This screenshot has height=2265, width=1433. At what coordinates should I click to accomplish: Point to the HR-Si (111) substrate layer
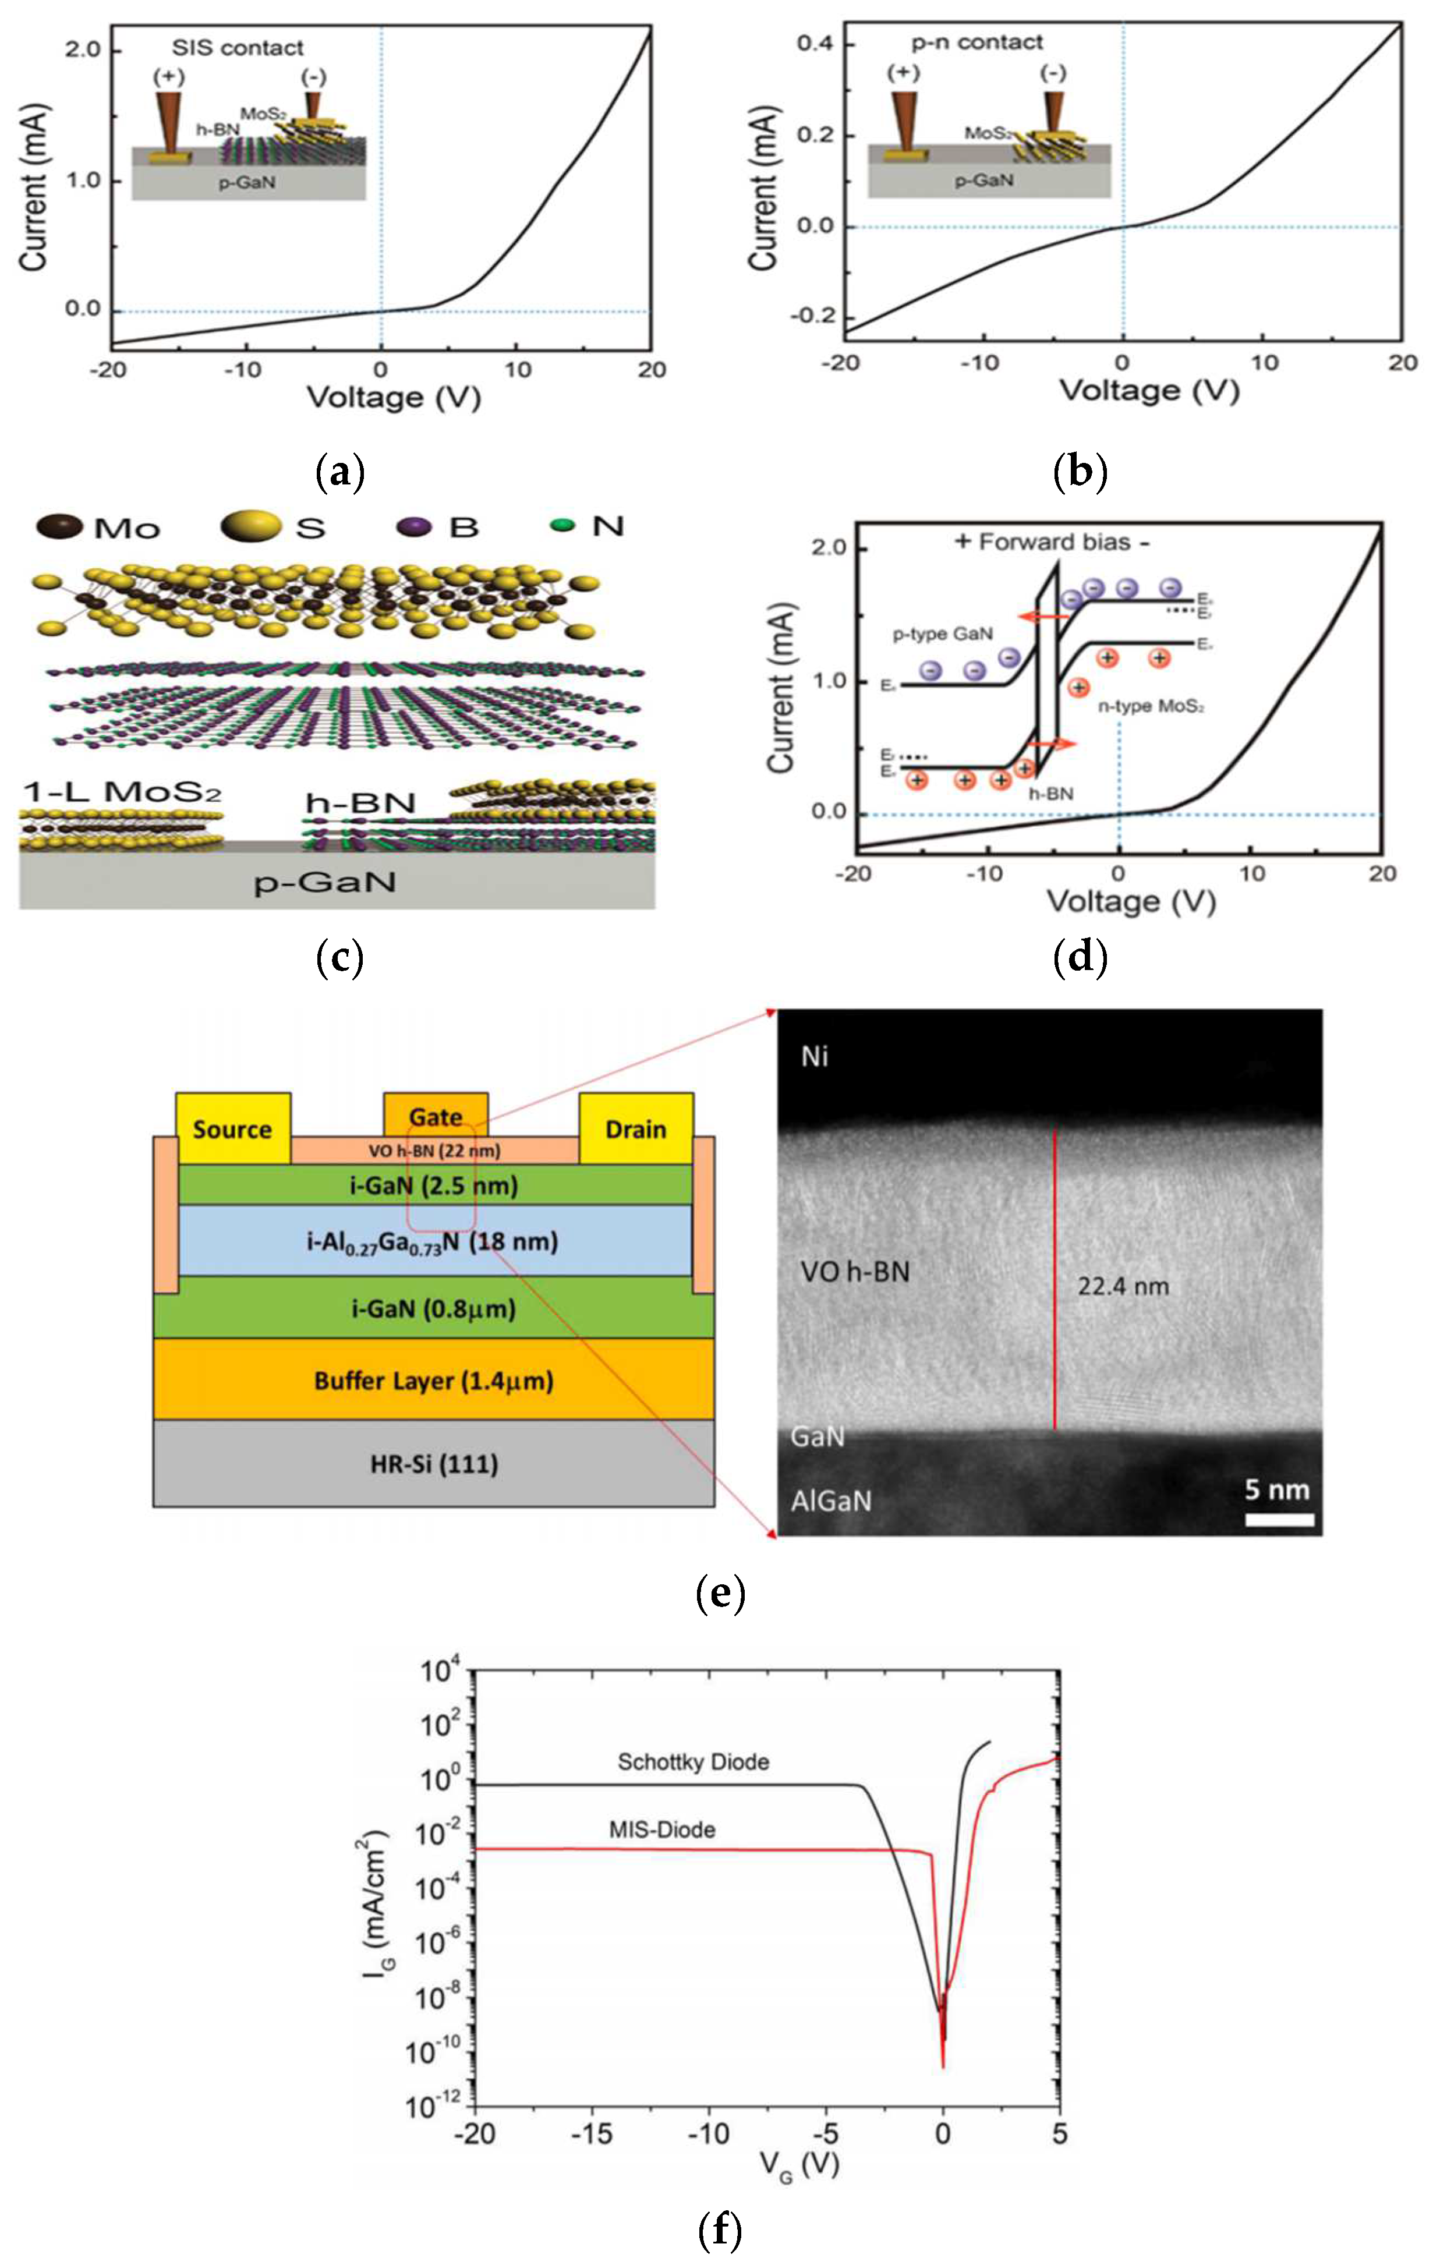pyautogui.click(x=434, y=1463)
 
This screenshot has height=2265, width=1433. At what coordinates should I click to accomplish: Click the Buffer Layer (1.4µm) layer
pyautogui.click(x=434, y=1380)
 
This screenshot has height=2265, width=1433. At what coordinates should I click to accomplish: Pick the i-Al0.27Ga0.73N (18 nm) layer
pyautogui.click(x=434, y=1241)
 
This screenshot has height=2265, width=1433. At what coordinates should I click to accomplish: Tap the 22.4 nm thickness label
pyautogui.click(x=1123, y=1286)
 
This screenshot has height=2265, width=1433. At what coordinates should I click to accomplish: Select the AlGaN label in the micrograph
pyautogui.click(x=831, y=1501)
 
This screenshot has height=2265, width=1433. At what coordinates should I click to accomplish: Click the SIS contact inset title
pyautogui.click(x=238, y=48)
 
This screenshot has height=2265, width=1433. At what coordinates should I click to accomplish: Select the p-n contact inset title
pyautogui.click(x=978, y=43)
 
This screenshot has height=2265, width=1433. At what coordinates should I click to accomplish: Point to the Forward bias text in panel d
pyautogui.click(x=1055, y=542)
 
